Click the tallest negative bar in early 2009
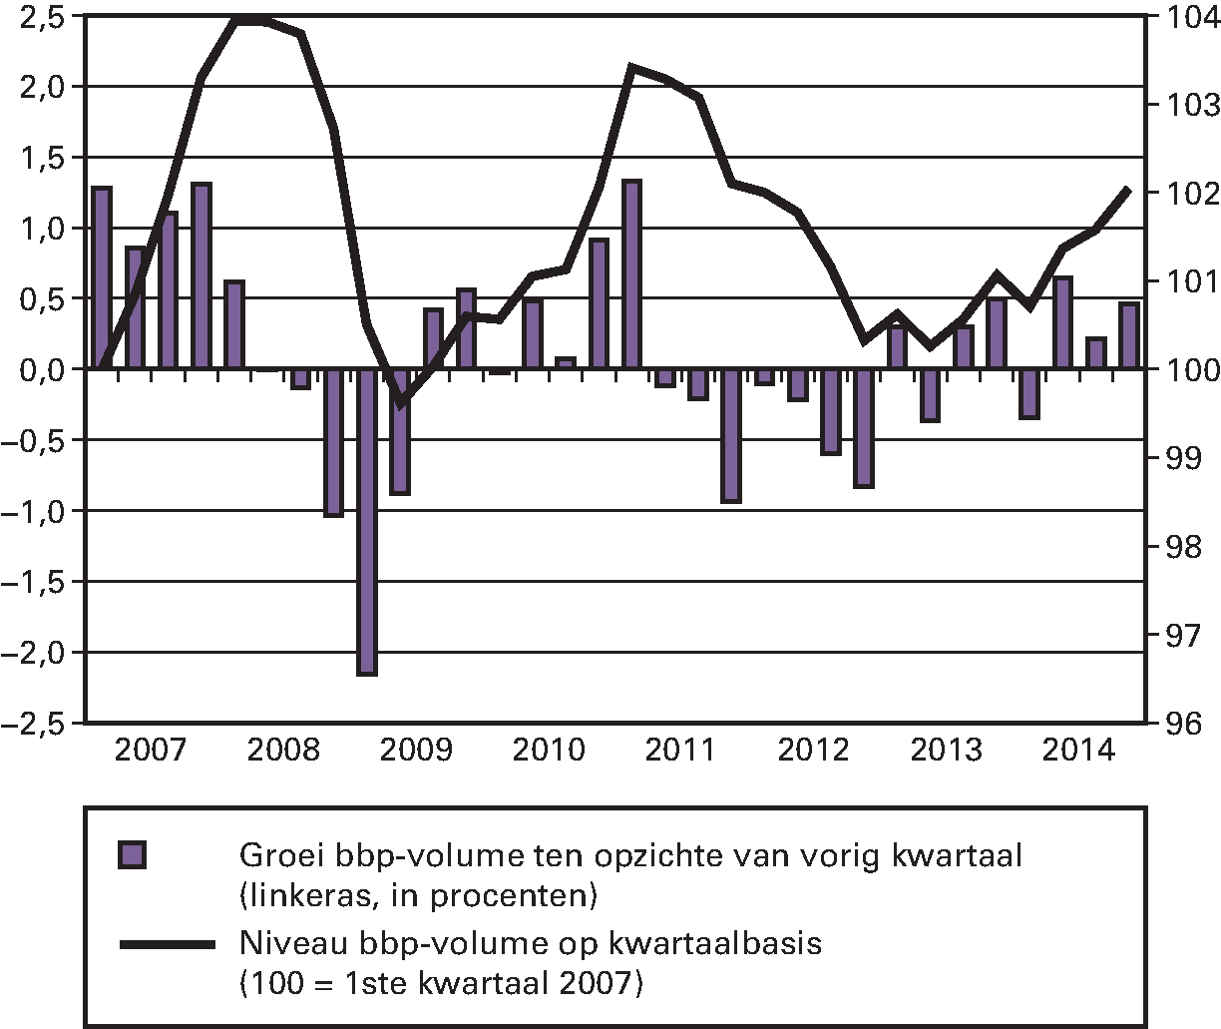point(366,521)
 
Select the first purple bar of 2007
point(101,277)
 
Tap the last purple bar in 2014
point(1129,336)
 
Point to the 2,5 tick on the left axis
point(40,16)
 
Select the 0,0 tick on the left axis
point(40,369)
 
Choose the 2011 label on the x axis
point(680,749)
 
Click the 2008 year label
point(283,749)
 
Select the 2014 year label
point(1077,749)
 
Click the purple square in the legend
point(132,856)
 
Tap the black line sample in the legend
point(167,944)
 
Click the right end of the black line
point(1128,190)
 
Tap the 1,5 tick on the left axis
point(40,157)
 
